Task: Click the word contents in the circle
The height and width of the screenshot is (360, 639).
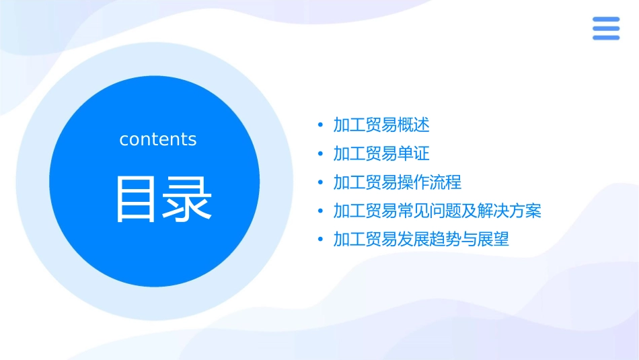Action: coord(158,139)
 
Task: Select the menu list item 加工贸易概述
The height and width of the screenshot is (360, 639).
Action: coord(381,124)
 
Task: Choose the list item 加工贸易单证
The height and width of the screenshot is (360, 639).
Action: coord(381,153)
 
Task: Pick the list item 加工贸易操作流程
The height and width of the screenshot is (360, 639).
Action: coord(397,182)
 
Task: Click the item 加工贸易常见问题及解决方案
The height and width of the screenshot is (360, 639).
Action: coord(437,211)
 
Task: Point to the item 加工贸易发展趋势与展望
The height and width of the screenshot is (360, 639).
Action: coord(421,240)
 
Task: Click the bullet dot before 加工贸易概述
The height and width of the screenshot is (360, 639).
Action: coord(320,125)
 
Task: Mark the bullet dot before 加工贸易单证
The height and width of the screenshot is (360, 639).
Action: coord(320,154)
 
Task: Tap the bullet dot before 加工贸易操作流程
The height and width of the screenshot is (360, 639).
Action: coord(320,183)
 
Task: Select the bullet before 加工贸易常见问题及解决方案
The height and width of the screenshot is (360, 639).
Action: coord(320,212)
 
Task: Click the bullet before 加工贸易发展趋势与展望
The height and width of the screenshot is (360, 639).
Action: coord(320,240)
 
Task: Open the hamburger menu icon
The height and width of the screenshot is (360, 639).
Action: coord(605,28)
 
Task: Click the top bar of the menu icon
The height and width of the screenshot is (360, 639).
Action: coord(605,19)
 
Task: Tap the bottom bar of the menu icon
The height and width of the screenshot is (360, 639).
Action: coord(605,38)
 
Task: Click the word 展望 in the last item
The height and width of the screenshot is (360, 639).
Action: coord(493,240)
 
